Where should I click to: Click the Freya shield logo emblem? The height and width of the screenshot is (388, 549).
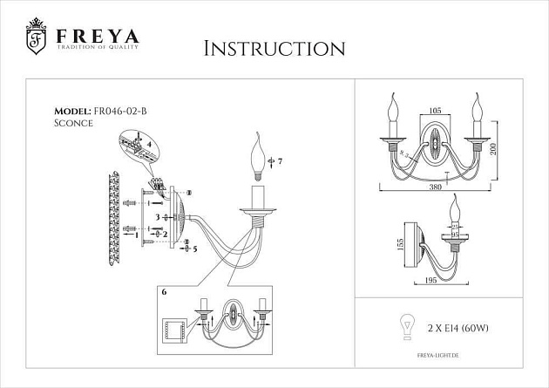coord(36,38)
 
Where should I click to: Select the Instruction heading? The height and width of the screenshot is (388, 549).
coord(274,48)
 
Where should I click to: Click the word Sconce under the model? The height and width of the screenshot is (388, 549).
coord(72,125)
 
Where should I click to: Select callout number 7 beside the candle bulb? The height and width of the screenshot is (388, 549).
coord(280,161)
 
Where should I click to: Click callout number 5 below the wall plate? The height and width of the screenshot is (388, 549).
coord(195,248)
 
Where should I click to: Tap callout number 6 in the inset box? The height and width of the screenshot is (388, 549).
coord(162,294)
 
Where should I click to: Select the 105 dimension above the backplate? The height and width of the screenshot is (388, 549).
coord(437,112)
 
